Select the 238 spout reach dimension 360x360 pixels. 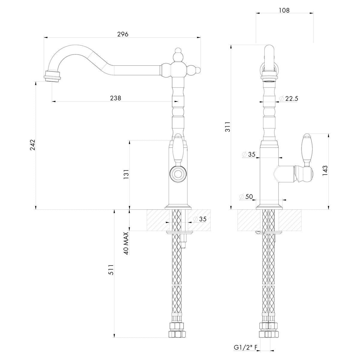pos(115,98)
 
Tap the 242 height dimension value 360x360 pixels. pos(33,145)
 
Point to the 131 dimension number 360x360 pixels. pos(126,175)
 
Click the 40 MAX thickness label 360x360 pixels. pos(126,243)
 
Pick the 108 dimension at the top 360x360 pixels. pos(284,10)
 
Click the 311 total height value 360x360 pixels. pos(228,127)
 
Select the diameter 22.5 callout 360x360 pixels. pos(289,98)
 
